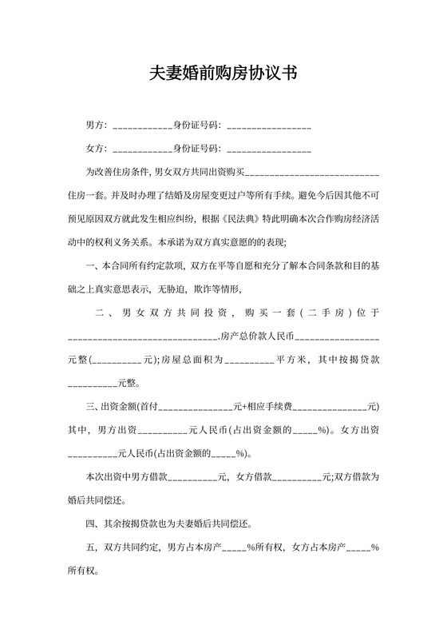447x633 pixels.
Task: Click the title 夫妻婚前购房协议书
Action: pos(223,74)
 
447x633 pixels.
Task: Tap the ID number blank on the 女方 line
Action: pos(269,149)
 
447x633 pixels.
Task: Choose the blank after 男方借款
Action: pos(192,477)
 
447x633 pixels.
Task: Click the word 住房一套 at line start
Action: pos(84,195)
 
